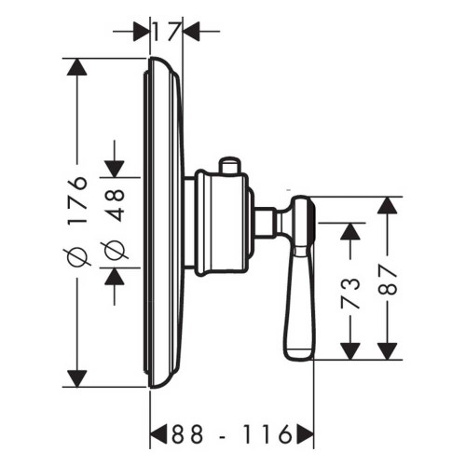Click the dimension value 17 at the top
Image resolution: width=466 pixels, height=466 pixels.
[x=166, y=31]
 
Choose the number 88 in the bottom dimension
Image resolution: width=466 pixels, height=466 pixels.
[x=188, y=434]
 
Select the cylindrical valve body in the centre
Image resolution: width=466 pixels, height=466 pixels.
[x=218, y=222]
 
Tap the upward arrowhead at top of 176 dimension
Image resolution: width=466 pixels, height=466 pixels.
[x=78, y=70]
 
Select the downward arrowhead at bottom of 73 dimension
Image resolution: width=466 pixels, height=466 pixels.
[x=349, y=350]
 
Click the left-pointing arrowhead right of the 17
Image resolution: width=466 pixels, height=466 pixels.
[x=192, y=31]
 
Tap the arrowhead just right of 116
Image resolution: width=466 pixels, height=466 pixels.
[x=302, y=434]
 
